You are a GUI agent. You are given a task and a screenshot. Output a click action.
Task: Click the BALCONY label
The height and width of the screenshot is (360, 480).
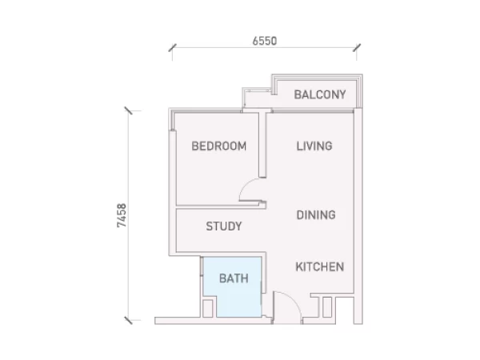click(x=320, y=94)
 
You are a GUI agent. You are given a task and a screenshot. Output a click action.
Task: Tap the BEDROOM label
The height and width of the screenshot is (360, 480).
click(x=219, y=146)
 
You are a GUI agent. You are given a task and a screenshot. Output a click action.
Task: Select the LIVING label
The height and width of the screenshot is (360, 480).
click(x=314, y=146)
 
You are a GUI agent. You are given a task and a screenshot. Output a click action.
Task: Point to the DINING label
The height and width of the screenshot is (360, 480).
click(x=316, y=215)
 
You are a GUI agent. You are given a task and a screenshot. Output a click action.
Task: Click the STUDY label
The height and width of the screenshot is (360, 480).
click(x=224, y=226)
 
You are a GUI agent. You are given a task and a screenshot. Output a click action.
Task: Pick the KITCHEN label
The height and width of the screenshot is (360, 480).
click(x=320, y=267)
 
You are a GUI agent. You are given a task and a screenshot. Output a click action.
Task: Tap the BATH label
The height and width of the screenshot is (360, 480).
click(x=234, y=278)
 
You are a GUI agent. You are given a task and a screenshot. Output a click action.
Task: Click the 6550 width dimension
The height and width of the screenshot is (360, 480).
click(x=265, y=41)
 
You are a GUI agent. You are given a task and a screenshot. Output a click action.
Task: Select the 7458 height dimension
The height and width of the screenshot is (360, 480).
click(x=122, y=215)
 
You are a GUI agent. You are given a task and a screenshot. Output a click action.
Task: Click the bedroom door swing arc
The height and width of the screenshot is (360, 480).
click(x=244, y=186)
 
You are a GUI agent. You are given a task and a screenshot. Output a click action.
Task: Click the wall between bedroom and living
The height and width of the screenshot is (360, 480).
click(x=262, y=145)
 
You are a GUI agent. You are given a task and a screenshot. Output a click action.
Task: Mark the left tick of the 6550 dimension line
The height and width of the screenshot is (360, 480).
click(x=172, y=48)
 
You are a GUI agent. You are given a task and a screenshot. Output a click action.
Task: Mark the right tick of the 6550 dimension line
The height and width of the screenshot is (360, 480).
click(x=357, y=48)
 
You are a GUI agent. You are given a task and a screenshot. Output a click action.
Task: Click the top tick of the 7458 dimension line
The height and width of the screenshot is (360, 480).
click(x=129, y=110)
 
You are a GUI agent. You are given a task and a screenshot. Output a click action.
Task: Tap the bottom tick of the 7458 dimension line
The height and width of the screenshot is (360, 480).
click(x=129, y=320)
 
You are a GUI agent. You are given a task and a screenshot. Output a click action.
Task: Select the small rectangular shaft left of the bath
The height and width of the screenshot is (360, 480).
click(x=208, y=308)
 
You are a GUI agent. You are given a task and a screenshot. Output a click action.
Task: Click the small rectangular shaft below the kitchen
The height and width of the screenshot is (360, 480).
click(x=327, y=307)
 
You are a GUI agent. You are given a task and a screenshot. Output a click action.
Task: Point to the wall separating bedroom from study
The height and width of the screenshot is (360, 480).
click(x=221, y=207)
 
